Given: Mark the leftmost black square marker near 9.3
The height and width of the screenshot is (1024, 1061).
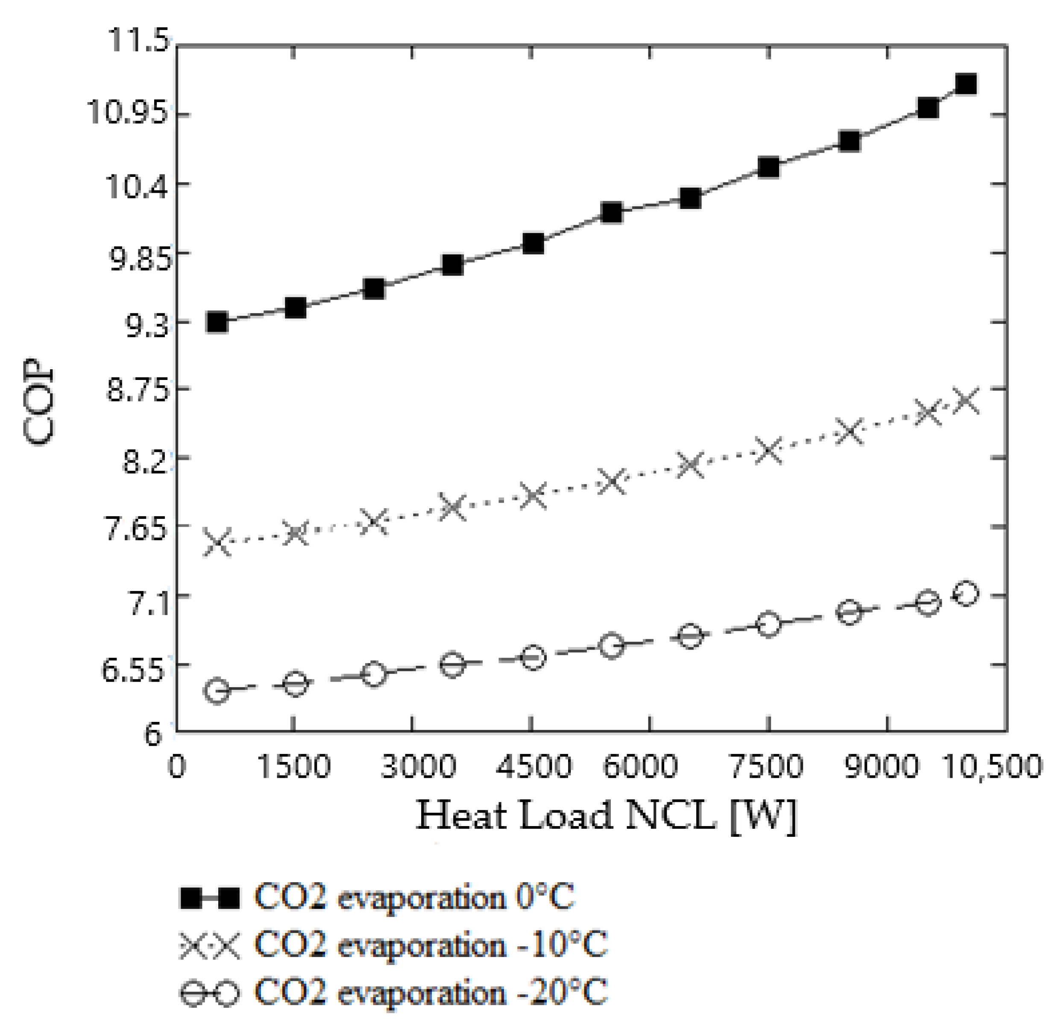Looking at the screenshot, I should click(x=217, y=322).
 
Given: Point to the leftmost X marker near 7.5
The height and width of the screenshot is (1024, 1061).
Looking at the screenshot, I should click(x=217, y=543).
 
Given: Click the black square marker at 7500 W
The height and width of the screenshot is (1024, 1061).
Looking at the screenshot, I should click(x=768, y=168).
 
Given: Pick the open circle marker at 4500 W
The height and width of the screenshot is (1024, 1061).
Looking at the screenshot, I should click(x=533, y=658).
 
